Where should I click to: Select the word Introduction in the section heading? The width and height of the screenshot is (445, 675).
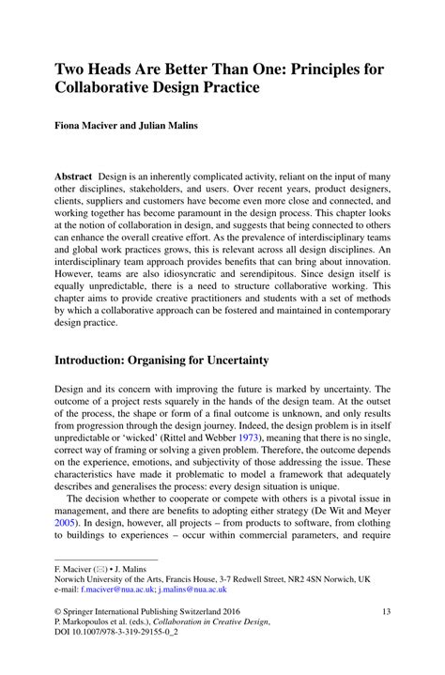pyautogui.click(x=97, y=360)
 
